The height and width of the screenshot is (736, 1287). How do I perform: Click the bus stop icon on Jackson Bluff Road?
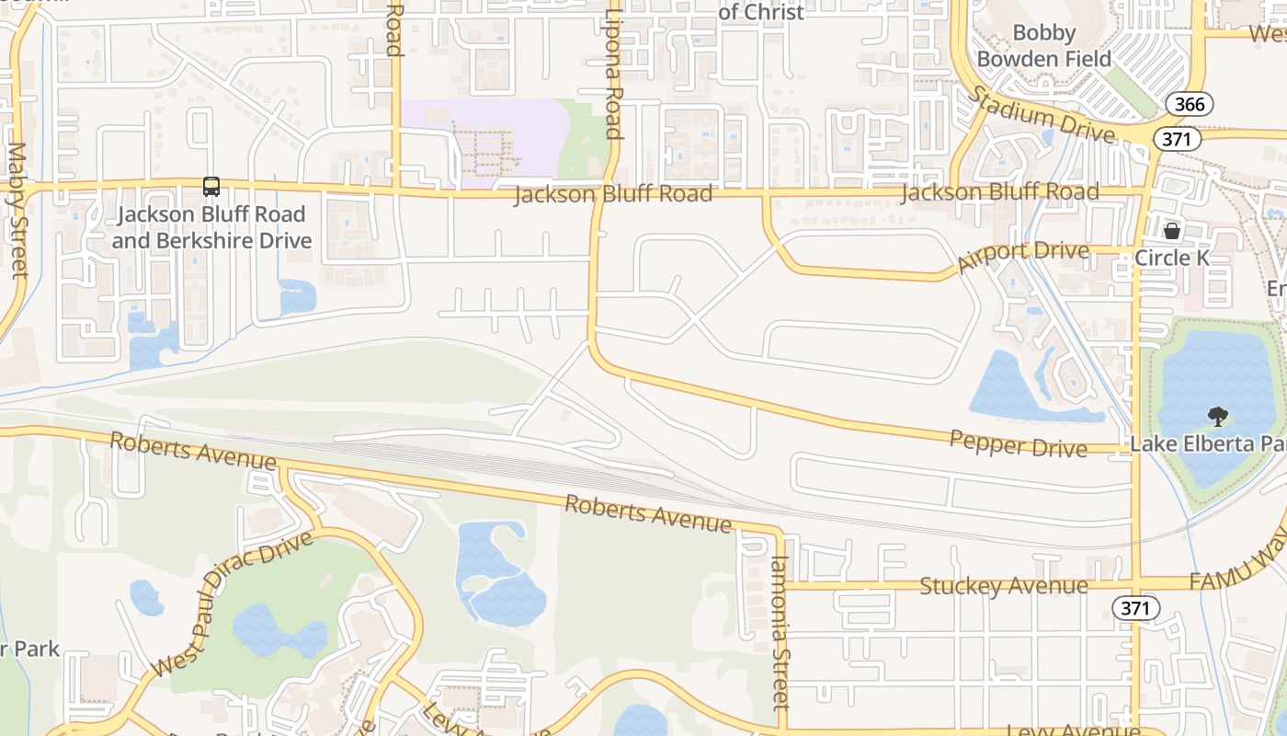click(x=211, y=187)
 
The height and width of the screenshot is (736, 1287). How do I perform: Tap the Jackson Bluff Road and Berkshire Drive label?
click(x=211, y=228)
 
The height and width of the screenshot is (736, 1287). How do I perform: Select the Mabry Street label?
click(x=17, y=210)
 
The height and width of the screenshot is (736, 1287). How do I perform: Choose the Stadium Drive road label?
click(x=1042, y=114)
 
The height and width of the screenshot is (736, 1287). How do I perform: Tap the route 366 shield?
click(x=1190, y=104)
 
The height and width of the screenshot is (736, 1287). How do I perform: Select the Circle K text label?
click(x=1172, y=258)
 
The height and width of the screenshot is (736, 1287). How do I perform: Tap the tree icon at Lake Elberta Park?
click(x=1219, y=417)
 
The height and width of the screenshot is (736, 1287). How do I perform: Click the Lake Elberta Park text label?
click(x=1206, y=444)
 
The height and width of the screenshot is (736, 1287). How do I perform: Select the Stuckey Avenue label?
click(x=1004, y=586)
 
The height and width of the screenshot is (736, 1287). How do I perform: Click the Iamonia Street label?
click(x=780, y=633)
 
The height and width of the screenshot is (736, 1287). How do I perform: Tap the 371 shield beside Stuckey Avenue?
click(x=1135, y=608)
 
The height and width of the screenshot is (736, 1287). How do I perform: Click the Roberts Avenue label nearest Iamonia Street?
click(x=648, y=513)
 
